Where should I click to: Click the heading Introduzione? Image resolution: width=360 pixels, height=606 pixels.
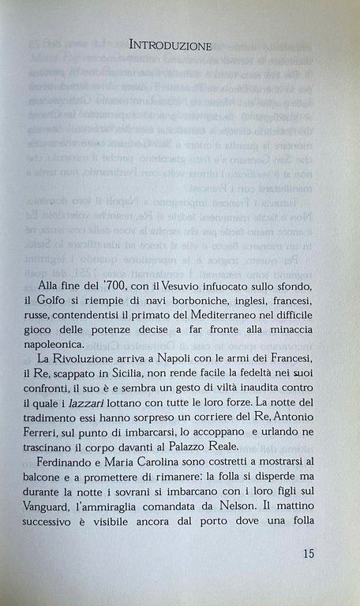(x=170, y=46)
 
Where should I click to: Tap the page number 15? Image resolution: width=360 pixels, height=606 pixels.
(x=309, y=553)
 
